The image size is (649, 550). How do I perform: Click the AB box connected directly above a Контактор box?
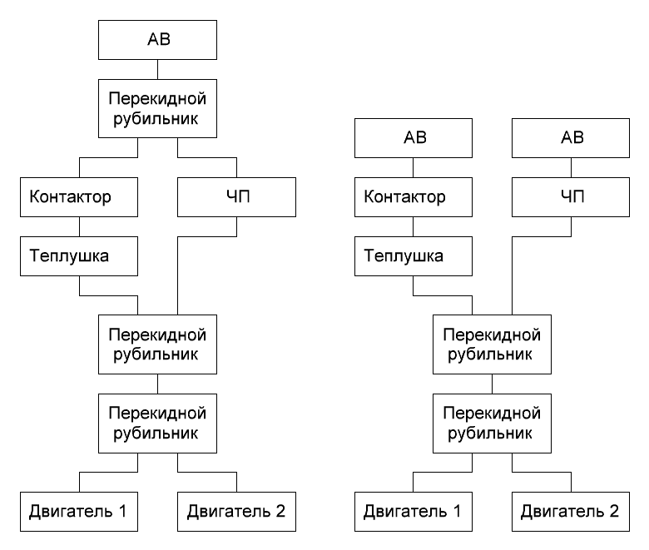[x=413, y=138]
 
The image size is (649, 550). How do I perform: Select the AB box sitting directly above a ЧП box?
[x=570, y=138]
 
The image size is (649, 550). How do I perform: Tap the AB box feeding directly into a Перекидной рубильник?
[x=157, y=40]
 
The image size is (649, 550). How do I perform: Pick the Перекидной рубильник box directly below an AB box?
[x=157, y=108]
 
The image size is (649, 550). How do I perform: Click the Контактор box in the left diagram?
[x=79, y=197]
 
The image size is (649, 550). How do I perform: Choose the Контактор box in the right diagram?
[x=413, y=197]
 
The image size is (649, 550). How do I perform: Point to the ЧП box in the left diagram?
[x=236, y=197]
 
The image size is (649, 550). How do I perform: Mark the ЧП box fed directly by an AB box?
[x=570, y=197]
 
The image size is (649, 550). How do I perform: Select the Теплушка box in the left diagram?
[x=79, y=256]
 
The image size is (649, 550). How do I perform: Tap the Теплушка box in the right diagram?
[x=413, y=256]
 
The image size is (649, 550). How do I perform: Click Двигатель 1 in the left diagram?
[x=79, y=512]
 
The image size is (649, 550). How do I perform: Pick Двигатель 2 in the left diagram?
[x=236, y=512]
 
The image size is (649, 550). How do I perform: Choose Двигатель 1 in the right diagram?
[x=413, y=512]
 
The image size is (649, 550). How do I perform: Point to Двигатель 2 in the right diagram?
[x=570, y=512]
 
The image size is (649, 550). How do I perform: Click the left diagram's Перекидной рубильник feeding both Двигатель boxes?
[x=157, y=424]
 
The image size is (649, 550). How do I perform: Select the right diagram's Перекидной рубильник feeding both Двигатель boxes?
[x=492, y=424]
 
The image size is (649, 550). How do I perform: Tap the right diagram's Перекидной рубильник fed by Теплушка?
[x=492, y=344]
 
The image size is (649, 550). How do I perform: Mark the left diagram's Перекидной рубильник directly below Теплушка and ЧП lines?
[x=157, y=344]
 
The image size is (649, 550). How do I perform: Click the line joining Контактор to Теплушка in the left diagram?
[x=80, y=227]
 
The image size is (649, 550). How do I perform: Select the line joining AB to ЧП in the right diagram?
[x=571, y=167]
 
